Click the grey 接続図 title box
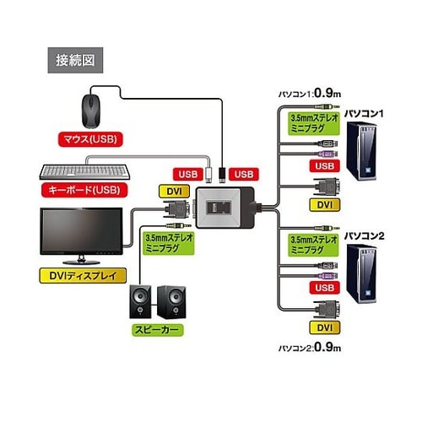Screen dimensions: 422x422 click(x=75, y=60)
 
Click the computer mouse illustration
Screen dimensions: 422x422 click(x=91, y=111)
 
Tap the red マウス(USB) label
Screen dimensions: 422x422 click(x=90, y=139)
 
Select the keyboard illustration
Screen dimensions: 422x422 click(x=84, y=172)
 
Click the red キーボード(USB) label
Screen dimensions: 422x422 click(x=84, y=190)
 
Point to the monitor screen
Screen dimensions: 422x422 click(x=81, y=231)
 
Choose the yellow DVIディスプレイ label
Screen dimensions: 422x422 click(x=83, y=276)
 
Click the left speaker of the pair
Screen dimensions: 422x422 click(x=140, y=302)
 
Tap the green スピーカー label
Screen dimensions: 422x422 click(x=158, y=330)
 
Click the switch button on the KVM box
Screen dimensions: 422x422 click(x=219, y=208)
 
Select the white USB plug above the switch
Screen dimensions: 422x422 click(x=208, y=175)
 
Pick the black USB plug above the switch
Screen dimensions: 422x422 click(x=222, y=175)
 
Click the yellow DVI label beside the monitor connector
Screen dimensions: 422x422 click(x=175, y=192)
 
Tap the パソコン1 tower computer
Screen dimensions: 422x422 click(x=361, y=151)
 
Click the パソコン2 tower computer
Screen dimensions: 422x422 click(x=361, y=273)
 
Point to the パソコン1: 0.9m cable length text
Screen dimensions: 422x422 click(x=310, y=93)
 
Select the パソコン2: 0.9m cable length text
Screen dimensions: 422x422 click(x=310, y=347)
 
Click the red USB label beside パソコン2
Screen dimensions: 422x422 click(x=325, y=288)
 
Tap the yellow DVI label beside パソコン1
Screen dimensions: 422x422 click(x=325, y=205)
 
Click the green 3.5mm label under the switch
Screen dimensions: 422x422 click(x=169, y=243)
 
